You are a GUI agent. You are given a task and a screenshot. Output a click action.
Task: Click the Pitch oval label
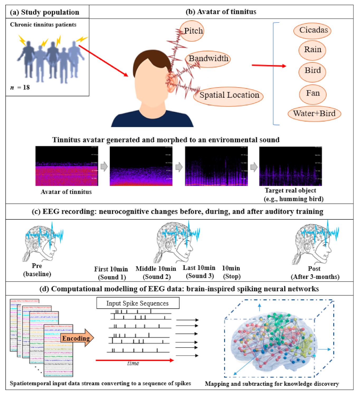pyautogui.click(x=192, y=31)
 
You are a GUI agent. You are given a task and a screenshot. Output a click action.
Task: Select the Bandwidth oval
pyautogui.click(x=208, y=59)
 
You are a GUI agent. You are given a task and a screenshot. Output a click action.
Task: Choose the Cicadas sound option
pyautogui.click(x=312, y=30)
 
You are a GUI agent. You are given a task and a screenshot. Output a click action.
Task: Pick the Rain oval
pyautogui.click(x=312, y=50)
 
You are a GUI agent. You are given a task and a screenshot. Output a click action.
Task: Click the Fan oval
pyautogui.click(x=313, y=94)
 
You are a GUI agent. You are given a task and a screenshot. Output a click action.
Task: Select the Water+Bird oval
pyautogui.click(x=314, y=114)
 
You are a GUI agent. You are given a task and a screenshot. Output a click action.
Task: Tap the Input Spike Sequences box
pyautogui.click(x=138, y=303)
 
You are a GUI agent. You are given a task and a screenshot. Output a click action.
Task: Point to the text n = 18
pyautogui.click(x=20, y=87)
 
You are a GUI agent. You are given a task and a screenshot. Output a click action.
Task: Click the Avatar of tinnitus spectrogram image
pyautogui.click(x=67, y=166)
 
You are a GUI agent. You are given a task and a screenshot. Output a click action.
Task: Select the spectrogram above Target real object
pyautogui.click(x=290, y=166)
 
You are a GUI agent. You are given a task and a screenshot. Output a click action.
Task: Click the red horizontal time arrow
pyautogui.click(x=135, y=360)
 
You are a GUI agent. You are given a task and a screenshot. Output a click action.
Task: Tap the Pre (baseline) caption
pyautogui.click(x=37, y=270)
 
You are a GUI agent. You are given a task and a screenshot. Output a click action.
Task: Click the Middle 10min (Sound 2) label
pyautogui.click(x=156, y=273)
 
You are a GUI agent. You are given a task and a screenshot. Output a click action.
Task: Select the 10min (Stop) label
pyautogui.click(x=231, y=272)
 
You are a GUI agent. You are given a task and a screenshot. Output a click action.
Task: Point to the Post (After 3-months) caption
pyautogui.click(x=315, y=273)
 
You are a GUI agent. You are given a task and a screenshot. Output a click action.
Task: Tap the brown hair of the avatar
pyautogui.click(x=149, y=59)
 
